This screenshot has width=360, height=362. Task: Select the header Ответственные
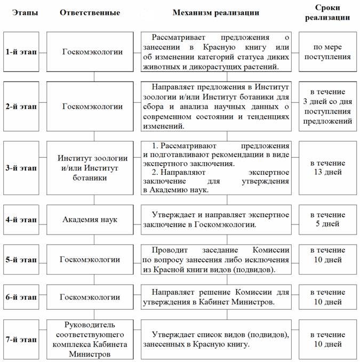[90, 12]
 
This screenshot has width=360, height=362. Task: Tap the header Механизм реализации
[216, 12]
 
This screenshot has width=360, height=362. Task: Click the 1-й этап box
[21, 52]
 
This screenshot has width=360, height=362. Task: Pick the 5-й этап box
[21, 260]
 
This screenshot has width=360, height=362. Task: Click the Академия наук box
[90, 219]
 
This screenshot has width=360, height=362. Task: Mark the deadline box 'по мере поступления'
[327, 52]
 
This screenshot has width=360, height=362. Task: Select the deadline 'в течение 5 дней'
[327, 219]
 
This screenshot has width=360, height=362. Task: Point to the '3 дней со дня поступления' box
[327, 107]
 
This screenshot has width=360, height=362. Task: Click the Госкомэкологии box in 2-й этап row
[90, 107]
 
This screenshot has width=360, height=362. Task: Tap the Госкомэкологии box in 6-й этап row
[90, 297]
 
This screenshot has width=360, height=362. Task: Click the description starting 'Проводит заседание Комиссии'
[216, 260]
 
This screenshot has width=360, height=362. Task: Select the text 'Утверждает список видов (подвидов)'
[216, 334]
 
